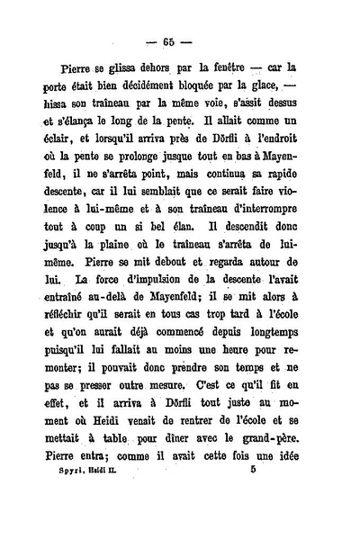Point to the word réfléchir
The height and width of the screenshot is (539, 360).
pyautogui.click(x=73, y=373)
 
